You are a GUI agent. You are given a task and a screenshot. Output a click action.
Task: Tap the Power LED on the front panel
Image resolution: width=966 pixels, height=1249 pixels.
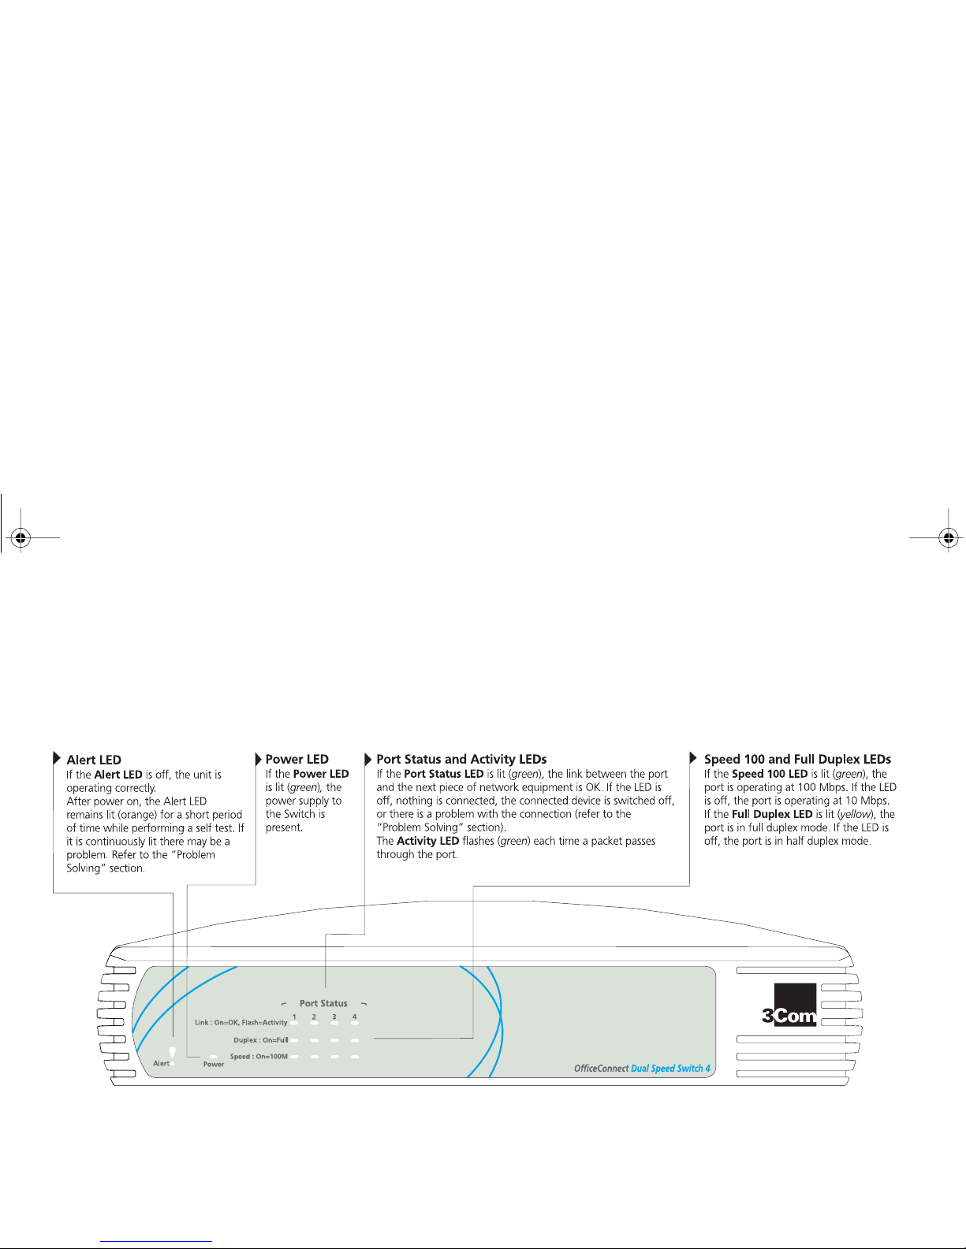tap(213, 1056)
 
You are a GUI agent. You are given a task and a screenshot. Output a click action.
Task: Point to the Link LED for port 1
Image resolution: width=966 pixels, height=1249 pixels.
tap(294, 1023)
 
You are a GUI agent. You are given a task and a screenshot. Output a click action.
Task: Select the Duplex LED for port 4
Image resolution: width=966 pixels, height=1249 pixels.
tap(355, 1040)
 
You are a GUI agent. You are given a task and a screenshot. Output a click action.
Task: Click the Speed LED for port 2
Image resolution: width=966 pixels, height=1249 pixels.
tap(314, 1057)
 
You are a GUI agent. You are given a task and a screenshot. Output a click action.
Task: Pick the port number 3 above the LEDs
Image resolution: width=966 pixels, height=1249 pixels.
tap(334, 1017)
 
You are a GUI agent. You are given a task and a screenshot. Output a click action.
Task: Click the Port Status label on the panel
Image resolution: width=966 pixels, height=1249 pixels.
tap(323, 1003)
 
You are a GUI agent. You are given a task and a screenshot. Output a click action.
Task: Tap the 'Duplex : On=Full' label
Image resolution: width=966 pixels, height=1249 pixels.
tap(260, 1040)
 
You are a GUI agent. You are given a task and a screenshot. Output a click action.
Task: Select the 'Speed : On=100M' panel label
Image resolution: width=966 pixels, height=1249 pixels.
tap(259, 1057)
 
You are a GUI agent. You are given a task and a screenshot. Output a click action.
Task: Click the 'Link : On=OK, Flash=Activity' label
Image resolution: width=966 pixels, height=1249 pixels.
tap(241, 1023)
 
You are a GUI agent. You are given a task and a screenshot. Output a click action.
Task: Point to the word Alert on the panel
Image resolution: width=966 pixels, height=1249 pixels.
tap(160, 1064)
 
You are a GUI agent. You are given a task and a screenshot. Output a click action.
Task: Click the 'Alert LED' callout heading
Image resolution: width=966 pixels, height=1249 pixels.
tap(94, 760)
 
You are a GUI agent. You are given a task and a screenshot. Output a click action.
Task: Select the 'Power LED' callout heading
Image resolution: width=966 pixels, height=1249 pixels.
tap(297, 760)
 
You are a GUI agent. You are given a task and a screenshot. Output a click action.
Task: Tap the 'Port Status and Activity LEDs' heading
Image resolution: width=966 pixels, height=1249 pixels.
tap(461, 760)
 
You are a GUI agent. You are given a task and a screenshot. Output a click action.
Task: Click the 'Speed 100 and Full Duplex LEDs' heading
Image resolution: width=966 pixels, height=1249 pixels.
tap(797, 760)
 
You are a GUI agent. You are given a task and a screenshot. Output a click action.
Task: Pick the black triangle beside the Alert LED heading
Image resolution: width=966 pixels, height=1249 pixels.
tap(57, 759)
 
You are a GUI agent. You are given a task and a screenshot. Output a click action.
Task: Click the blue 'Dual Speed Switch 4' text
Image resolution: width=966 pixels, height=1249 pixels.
tap(670, 1069)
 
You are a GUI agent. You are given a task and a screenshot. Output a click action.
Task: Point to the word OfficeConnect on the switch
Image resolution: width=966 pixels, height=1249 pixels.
tap(601, 1069)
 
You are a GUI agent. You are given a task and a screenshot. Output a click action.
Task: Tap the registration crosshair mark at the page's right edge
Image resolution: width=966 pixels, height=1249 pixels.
tap(949, 538)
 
